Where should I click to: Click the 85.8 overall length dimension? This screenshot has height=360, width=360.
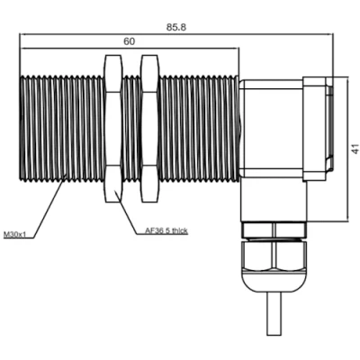[176, 27]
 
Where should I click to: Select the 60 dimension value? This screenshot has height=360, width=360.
[130, 41]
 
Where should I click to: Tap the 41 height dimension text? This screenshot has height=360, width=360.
[355, 148]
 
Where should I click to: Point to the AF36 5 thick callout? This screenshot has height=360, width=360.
[166, 230]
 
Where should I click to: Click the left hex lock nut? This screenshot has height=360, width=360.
[113, 129]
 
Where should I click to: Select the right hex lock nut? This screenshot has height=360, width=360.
[149, 129]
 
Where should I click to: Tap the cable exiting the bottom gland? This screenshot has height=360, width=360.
[274, 313]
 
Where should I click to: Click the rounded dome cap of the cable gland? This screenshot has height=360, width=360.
[274, 282]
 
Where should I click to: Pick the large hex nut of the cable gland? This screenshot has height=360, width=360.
[274, 255]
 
